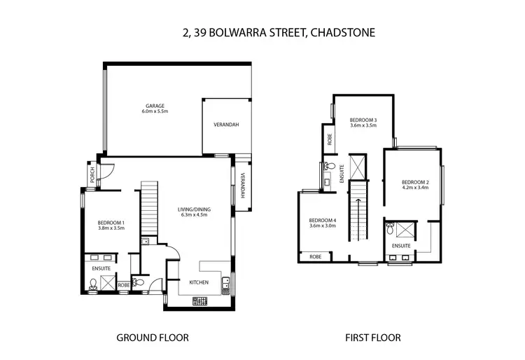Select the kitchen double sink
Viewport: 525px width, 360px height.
(x=225, y=284)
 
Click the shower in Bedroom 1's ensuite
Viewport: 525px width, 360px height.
(x=108, y=282)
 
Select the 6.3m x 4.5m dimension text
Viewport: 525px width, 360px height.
(x=194, y=216)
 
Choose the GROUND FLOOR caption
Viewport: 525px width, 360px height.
(x=152, y=338)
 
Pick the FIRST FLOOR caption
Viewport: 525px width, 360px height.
(x=372, y=338)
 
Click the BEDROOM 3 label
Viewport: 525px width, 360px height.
(x=363, y=120)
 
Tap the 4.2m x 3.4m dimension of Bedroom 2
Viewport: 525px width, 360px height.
(x=416, y=188)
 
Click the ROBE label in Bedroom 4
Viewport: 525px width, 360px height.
(x=316, y=257)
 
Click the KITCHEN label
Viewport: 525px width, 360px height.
(x=199, y=282)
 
